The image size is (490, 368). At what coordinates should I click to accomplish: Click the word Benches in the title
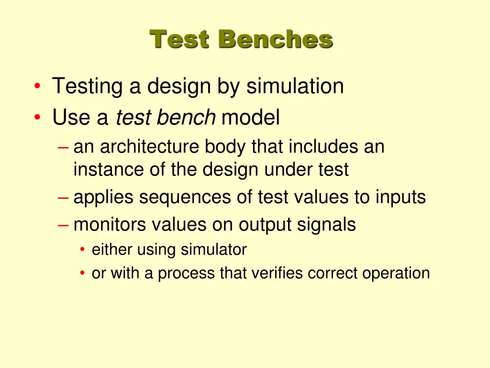tap(275, 39)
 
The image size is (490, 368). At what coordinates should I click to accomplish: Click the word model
tap(250, 117)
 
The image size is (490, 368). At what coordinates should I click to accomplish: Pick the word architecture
tap(149, 147)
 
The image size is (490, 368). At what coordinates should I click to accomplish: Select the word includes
tap(323, 147)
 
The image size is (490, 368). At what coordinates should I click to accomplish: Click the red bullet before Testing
tap(37, 87)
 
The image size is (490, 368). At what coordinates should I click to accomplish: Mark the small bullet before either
tap(83, 250)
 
